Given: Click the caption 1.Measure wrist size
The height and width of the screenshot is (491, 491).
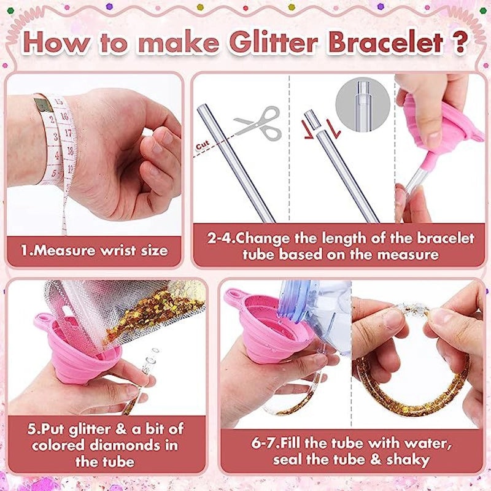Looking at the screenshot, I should point(94,250).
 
